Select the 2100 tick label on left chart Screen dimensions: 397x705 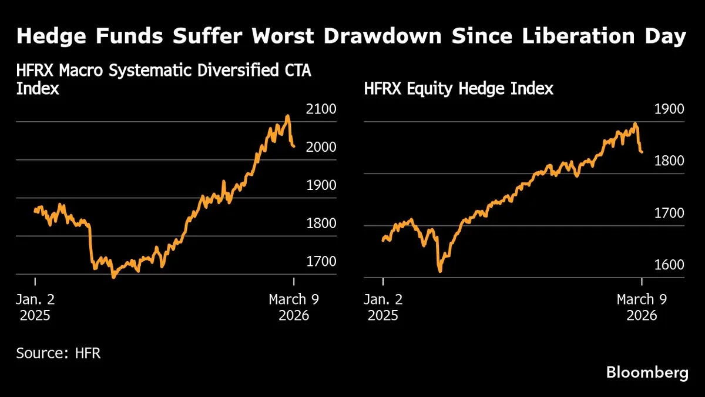[x=321, y=109]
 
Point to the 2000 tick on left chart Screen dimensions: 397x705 [x=321, y=148]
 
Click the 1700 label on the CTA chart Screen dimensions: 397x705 [x=321, y=262]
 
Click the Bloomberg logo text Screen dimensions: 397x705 [x=647, y=372]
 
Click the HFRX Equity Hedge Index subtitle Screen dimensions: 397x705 [x=458, y=89]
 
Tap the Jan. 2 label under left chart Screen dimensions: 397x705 [x=35, y=299]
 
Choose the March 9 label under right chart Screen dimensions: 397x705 [x=642, y=299]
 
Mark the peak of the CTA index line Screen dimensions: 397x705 [x=287, y=116]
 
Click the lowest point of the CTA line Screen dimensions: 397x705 [x=113, y=276]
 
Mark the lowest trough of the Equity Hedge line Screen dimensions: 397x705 [x=440, y=271]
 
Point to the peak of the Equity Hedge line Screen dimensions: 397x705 [x=635, y=124]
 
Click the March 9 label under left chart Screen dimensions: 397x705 [x=294, y=299]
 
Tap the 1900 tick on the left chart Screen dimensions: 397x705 [x=321, y=185]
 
